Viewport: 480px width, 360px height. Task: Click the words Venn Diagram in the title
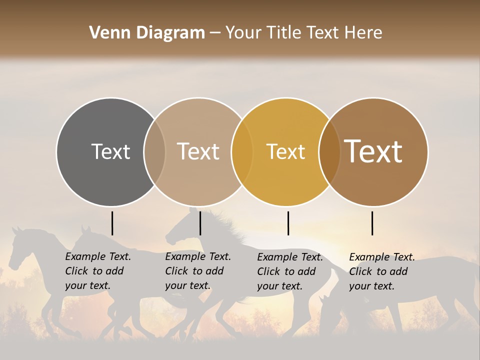point(147,33)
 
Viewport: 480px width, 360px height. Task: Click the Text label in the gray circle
point(110,151)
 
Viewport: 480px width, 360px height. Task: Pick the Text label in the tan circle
point(198,151)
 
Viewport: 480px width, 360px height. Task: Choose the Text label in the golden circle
point(285,151)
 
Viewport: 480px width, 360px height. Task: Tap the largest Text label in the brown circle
point(373,151)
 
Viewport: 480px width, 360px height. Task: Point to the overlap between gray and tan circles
point(154,151)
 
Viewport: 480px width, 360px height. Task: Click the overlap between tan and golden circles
point(242,151)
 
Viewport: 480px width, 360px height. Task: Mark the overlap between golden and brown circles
point(329,151)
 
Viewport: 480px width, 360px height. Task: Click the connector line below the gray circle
point(112,223)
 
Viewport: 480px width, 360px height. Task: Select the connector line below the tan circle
point(200,223)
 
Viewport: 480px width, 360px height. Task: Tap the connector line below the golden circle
point(288,223)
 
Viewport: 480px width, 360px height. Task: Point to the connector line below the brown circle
point(372,223)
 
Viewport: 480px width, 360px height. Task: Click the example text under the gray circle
point(98,271)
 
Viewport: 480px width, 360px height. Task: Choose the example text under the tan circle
point(198,271)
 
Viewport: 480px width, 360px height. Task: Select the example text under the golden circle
point(290,271)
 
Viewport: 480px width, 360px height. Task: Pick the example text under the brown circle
point(382,271)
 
